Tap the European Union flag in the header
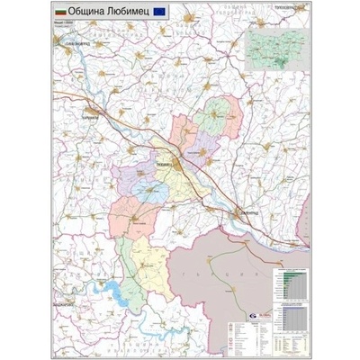click(158, 13)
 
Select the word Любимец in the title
click(127, 13)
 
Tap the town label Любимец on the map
click(166, 166)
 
